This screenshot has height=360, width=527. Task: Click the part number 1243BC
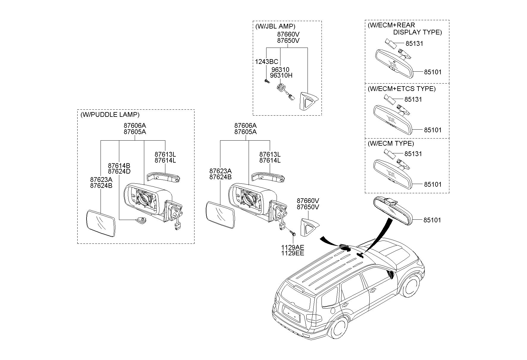coord(266,62)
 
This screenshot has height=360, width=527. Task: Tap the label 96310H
coord(281,76)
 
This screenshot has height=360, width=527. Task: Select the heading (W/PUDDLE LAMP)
coord(110,115)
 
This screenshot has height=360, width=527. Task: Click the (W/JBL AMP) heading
coord(275,26)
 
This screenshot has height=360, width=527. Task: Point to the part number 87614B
coord(119,166)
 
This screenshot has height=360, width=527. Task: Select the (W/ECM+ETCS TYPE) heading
coord(401,89)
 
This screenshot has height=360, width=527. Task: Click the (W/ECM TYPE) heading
coord(390,144)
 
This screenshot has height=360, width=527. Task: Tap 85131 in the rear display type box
coord(414,44)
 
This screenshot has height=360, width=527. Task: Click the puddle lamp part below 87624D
coord(141,220)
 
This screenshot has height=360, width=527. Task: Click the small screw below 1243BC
coord(266,81)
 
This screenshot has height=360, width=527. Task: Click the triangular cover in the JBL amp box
coord(308,101)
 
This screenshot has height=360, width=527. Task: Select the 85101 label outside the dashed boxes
coord(432,220)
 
